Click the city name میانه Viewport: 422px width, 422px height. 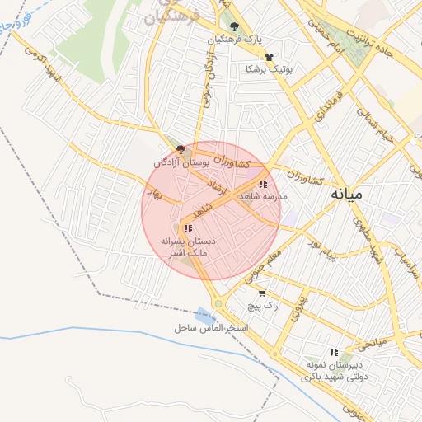(x=346, y=195)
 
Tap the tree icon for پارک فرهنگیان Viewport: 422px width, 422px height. (x=234, y=26)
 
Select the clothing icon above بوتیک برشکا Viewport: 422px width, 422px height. (x=270, y=56)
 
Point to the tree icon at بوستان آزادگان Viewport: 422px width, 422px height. (x=181, y=149)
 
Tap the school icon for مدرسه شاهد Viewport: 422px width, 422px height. (x=263, y=185)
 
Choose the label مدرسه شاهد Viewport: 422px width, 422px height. (x=262, y=198)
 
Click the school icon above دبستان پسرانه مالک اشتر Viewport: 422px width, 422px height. (x=188, y=228)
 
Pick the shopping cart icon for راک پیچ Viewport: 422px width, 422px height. (x=262, y=293)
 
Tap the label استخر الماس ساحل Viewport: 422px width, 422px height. (x=211, y=327)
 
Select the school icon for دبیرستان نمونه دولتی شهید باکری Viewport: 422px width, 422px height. (x=333, y=351)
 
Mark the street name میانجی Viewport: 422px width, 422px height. (x=370, y=338)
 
